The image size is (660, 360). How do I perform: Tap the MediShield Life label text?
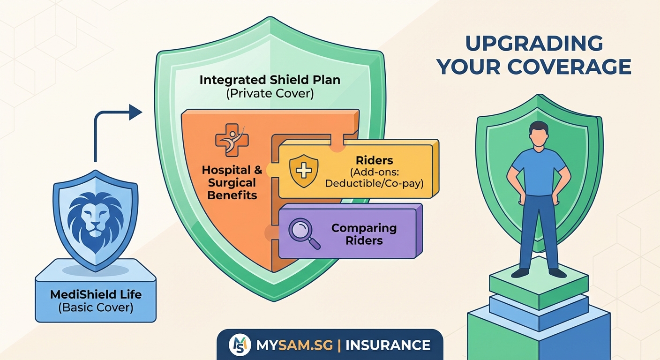pos(96,295)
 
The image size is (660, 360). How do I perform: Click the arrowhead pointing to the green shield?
pos(136,112)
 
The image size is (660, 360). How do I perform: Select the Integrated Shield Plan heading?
pos(270,80)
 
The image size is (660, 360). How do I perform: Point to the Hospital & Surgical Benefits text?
pos(232,182)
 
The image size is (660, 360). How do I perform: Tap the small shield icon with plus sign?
pos(303,170)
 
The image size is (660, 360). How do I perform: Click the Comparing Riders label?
pos(364,234)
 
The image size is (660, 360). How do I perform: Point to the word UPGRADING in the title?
pos(534,44)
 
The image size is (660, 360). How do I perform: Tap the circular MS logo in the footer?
pos(240,345)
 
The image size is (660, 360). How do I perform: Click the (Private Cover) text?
pos(270,93)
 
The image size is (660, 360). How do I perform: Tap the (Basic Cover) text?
pos(96,308)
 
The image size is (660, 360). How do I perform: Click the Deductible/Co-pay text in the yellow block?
pos(374,183)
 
